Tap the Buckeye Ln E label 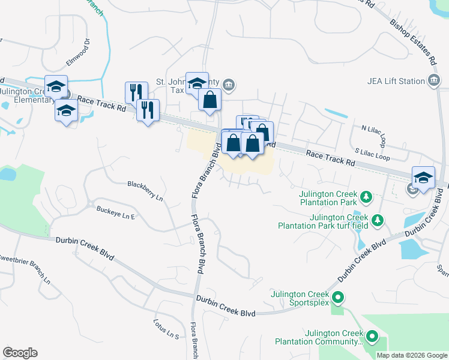pyautogui.click(x=116, y=212)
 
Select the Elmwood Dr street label pyautogui.click(x=79, y=52)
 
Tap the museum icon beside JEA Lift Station pyautogui.click(x=434, y=81)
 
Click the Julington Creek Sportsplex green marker pyautogui.click(x=338, y=297)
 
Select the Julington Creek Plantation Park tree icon pyautogui.click(x=364, y=196)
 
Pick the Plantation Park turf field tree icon pyautogui.click(x=377, y=221)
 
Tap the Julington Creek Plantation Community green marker pyautogui.click(x=372, y=337)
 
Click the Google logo pyautogui.click(x=20, y=353)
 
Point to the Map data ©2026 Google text pyautogui.click(x=411, y=355)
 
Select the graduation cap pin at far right pyautogui.click(x=423, y=178)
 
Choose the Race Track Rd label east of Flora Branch pyautogui.click(x=330, y=158)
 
